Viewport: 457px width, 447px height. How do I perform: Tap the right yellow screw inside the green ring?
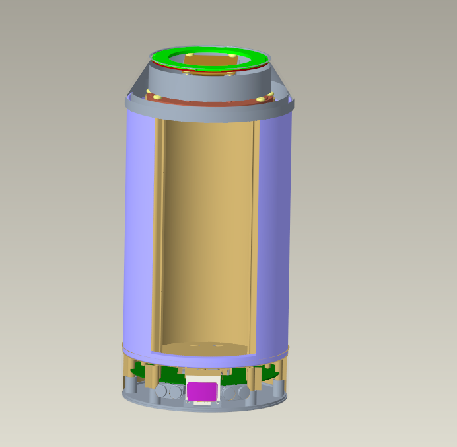232,55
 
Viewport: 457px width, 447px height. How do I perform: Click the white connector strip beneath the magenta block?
201,403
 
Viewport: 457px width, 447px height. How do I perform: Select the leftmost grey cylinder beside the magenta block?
161,391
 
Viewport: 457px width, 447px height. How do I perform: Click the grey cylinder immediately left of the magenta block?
174,392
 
